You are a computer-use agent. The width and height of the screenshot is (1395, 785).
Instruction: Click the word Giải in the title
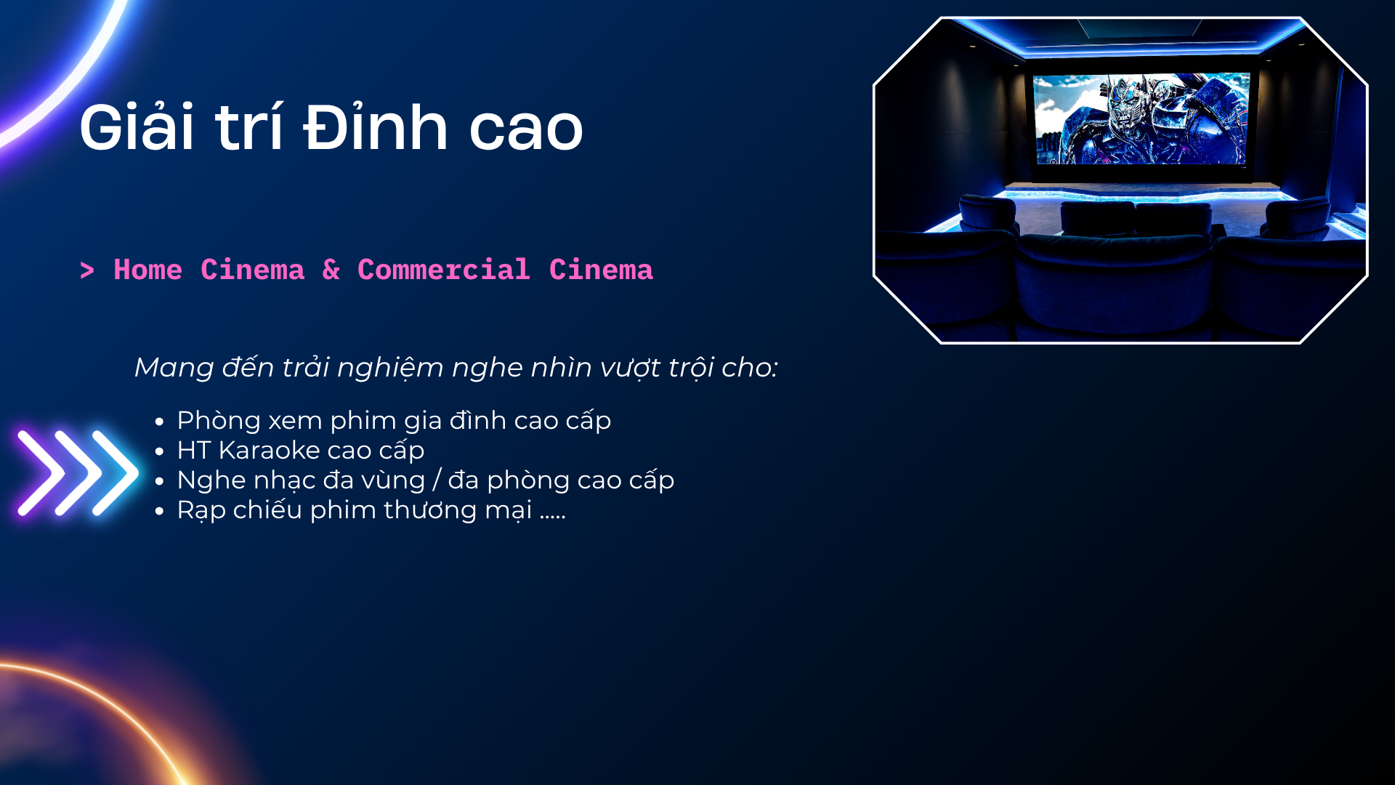click(137, 126)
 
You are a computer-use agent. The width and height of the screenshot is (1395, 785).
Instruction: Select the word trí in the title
click(248, 126)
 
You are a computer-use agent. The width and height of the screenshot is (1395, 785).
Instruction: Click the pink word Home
click(148, 270)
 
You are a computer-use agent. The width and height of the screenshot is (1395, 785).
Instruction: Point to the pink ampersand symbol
click(331, 270)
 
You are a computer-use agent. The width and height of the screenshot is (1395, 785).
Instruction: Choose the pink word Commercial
click(444, 270)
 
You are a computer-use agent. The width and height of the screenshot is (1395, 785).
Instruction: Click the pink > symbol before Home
click(87, 270)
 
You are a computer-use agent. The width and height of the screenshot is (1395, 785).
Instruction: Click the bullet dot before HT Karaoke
click(160, 451)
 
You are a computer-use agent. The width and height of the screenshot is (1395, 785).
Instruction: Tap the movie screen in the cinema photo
click(1141, 118)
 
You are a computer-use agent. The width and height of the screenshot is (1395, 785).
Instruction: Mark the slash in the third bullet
click(437, 480)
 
